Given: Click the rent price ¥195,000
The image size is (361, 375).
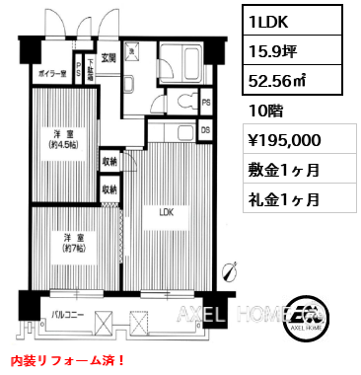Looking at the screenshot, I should pyautogui.click(x=285, y=139).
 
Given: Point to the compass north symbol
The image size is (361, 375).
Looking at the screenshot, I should pyautogui.click(x=229, y=267).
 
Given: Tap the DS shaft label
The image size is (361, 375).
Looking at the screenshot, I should pyautogui.click(x=205, y=129).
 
